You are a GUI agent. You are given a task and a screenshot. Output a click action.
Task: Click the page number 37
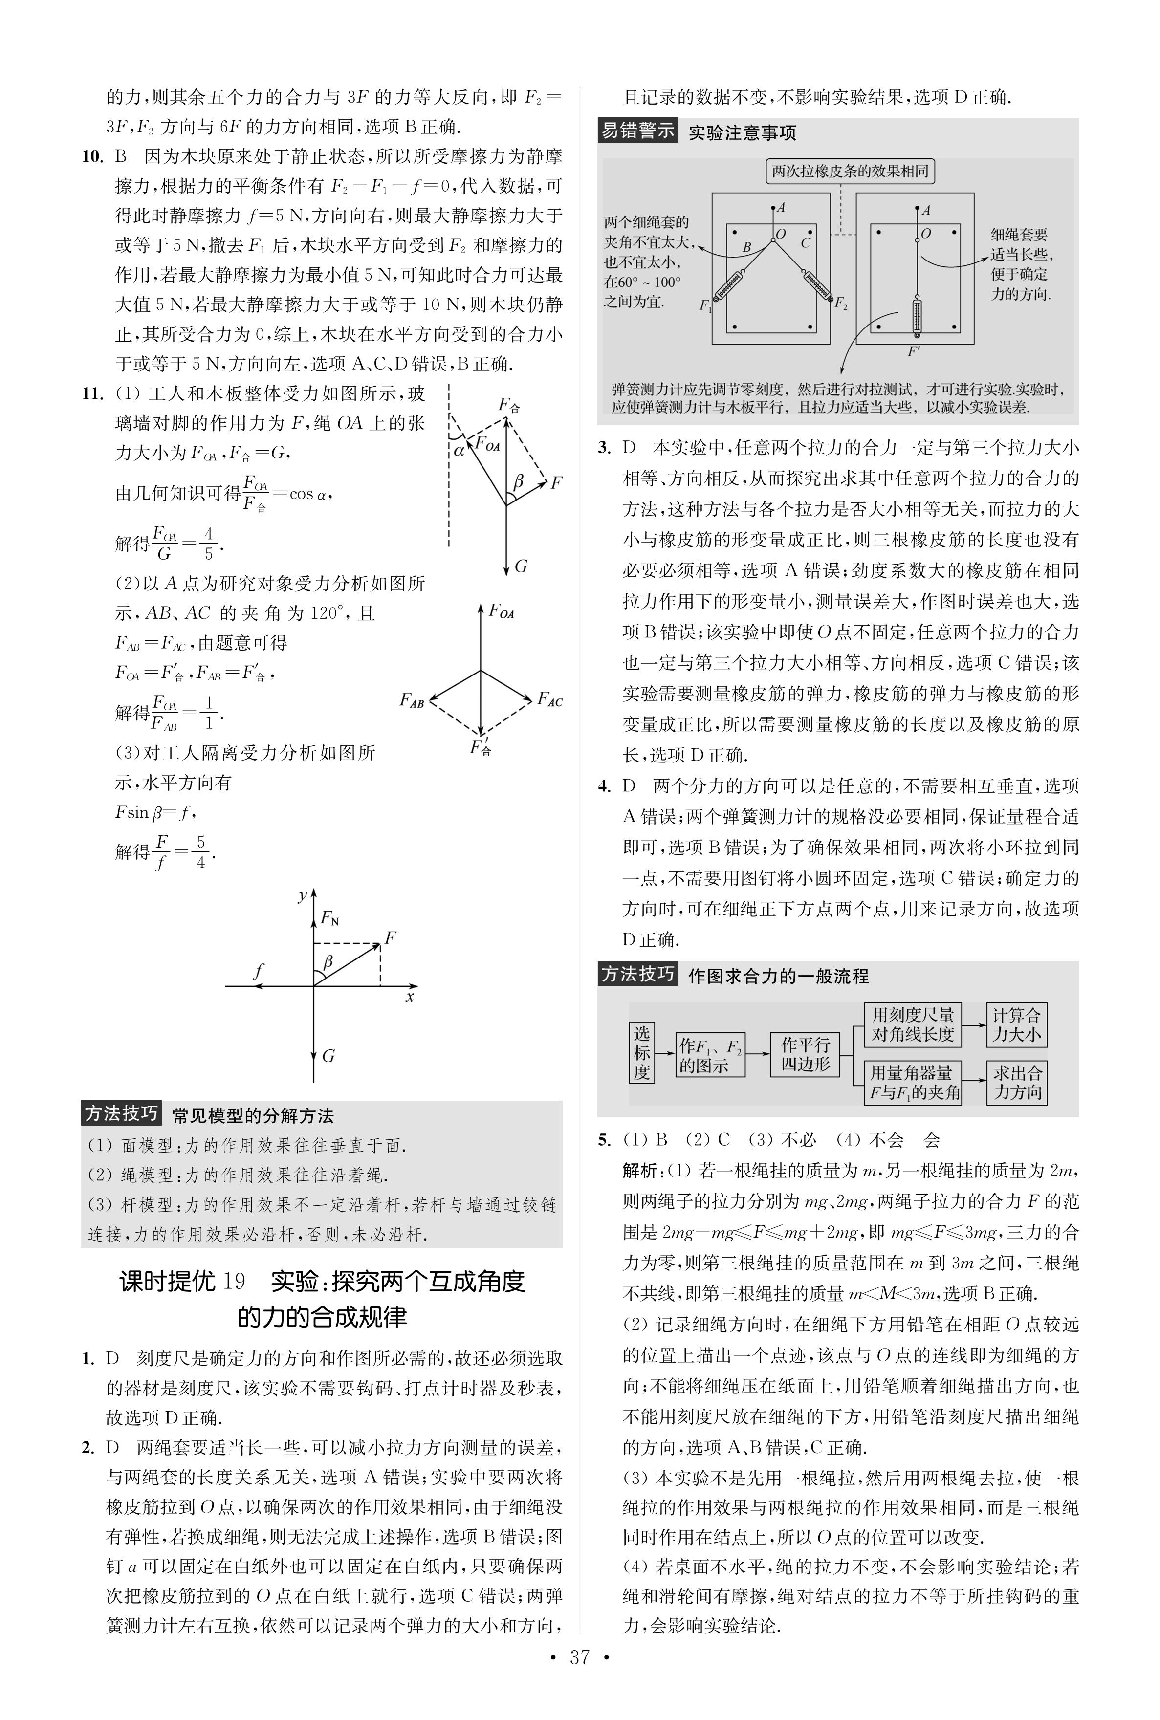pos(579,1678)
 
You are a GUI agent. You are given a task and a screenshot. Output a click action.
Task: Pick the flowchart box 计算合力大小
pos(1016,1024)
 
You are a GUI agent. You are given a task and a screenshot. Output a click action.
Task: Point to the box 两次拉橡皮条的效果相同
pos(850,172)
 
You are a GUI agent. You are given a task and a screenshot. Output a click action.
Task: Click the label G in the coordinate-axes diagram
pos(328,1056)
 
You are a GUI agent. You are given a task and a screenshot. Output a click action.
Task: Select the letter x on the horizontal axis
pos(410,997)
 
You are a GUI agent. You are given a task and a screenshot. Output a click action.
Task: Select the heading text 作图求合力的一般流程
pos(778,976)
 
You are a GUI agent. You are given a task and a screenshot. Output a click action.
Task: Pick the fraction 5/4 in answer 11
pos(200,852)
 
